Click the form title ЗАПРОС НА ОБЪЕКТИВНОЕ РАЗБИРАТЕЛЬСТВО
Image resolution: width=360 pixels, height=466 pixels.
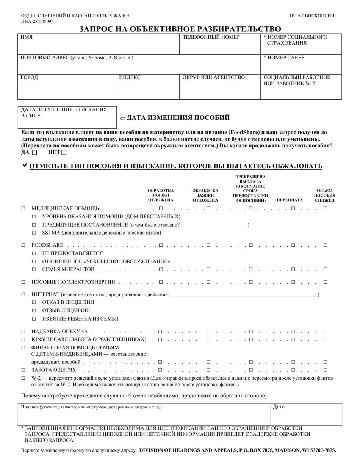click(x=180, y=29)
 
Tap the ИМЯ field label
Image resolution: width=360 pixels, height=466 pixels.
click(x=27, y=37)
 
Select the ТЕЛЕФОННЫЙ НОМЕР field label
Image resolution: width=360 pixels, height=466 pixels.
click(x=211, y=37)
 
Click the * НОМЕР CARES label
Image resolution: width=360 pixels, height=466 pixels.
click(x=284, y=58)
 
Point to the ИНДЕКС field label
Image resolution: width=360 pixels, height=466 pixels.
click(x=130, y=77)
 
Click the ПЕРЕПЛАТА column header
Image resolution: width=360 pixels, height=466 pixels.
click(x=290, y=200)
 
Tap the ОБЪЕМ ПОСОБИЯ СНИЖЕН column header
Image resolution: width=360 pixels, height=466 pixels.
click(x=324, y=195)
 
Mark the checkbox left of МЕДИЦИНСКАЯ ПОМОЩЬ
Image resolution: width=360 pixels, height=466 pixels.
click(x=23, y=208)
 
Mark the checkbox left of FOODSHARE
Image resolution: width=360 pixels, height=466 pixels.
click(x=23, y=245)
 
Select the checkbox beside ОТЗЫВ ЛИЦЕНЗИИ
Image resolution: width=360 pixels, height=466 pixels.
click(x=34, y=311)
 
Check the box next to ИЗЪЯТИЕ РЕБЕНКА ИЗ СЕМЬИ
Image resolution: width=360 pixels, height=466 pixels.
click(x=34, y=319)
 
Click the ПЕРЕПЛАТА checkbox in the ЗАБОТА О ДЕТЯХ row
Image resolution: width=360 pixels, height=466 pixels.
click(x=293, y=370)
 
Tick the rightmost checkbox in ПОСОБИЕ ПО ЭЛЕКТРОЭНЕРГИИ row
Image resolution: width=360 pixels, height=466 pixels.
click(x=325, y=282)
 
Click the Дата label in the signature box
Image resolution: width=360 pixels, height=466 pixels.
click(x=279, y=407)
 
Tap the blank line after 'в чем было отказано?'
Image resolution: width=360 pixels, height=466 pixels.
click(x=214, y=225)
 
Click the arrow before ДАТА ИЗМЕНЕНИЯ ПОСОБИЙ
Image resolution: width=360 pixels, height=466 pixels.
click(x=122, y=118)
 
